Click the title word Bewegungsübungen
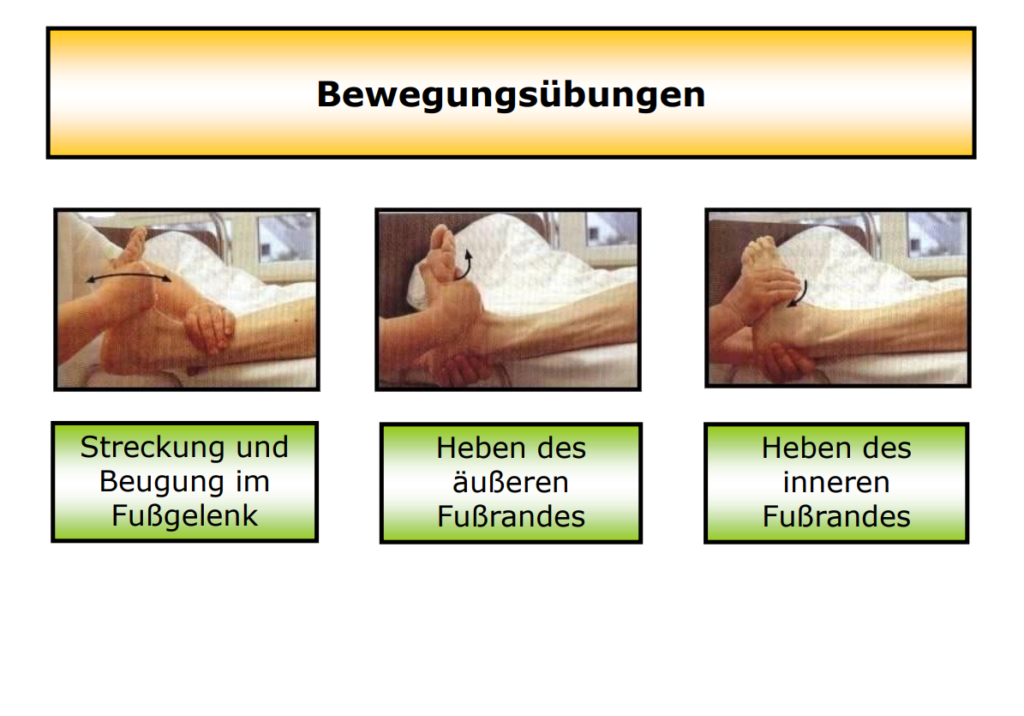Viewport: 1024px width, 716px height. pyautogui.click(x=511, y=95)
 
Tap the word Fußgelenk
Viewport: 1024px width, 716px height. pyautogui.click(x=185, y=515)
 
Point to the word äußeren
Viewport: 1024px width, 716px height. pyautogui.click(x=511, y=483)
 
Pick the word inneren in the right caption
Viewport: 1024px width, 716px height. pyautogui.click(x=836, y=483)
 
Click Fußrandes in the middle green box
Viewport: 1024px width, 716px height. pyautogui.click(x=511, y=517)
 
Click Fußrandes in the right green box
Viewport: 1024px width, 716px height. pyautogui.click(x=836, y=517)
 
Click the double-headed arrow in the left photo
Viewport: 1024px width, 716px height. pyautogui.click(x=129, y=276)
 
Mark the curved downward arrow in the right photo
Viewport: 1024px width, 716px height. pyautogui.click(x=801, y=294)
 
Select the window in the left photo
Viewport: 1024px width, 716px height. pyautogui.click(x=285, y=236)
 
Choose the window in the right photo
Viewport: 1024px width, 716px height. pyautogui.click(x=936, y=235)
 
